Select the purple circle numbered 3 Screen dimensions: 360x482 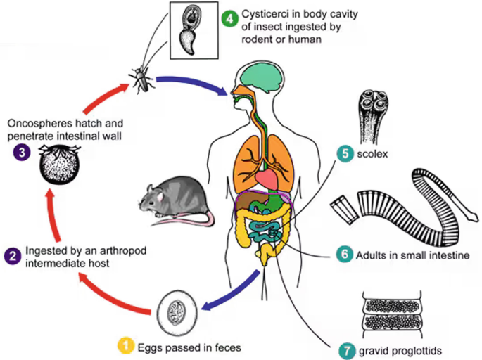(x=12, y=150)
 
